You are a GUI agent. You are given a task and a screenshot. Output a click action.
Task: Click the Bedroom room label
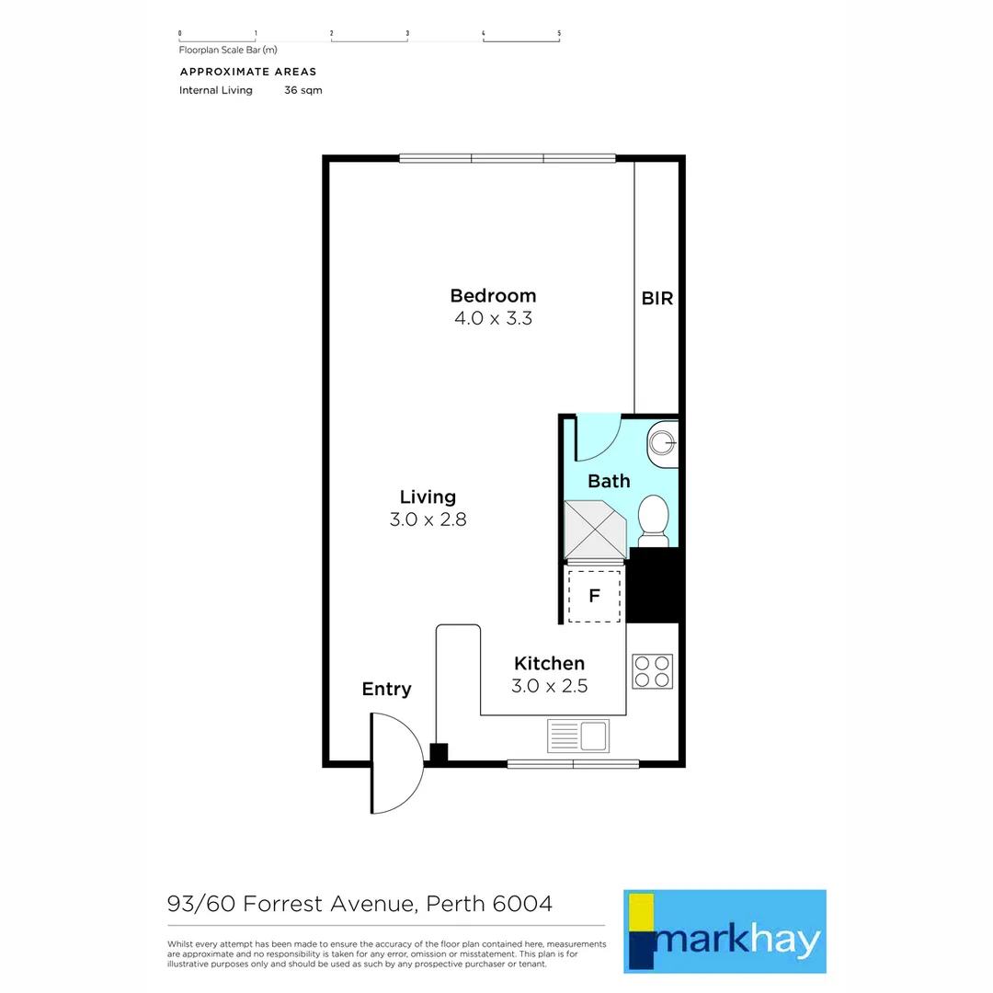(493, 296)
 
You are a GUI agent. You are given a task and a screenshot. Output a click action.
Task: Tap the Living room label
(428, 496)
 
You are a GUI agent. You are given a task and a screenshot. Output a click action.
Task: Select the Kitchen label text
(549, 663)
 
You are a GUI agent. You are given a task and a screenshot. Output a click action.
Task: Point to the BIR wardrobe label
(657, 299)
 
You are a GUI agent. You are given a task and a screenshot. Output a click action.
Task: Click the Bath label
(609, 481)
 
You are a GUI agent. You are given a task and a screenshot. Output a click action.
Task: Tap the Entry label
(386, 689)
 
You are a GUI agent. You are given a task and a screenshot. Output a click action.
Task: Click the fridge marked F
(594, 595)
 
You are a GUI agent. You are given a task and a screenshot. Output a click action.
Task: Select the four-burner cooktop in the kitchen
(652, 671)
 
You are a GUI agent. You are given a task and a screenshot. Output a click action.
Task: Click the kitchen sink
(577, 736)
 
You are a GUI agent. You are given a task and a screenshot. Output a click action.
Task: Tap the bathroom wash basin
(662, 443)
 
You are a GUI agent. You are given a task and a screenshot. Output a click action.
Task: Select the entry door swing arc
(398, 763)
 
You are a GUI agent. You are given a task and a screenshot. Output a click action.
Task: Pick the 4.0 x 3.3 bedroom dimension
(494, 319)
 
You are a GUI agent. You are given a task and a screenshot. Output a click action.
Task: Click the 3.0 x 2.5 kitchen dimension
(549, 686)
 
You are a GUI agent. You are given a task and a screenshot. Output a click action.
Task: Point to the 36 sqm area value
(303, 90)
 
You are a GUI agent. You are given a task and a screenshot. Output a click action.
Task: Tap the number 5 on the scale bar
(559, 33)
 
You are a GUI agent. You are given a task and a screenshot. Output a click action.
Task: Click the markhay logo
(725, 930)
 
